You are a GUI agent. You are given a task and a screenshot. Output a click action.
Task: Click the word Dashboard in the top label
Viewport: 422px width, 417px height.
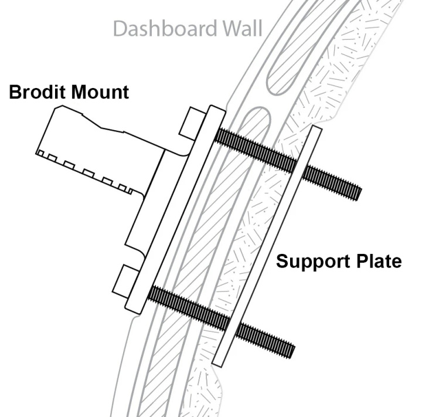pyautogui.click(x=162, y=28)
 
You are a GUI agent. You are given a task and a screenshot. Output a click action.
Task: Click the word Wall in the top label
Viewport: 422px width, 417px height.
pyautogui.click(x=240, y=28)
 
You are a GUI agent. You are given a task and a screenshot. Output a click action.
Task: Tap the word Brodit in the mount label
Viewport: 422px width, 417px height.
pyautogui.click(x=38, y=92)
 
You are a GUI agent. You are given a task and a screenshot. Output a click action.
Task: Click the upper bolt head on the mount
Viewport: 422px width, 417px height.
pyautogui.click(x=190, y=121)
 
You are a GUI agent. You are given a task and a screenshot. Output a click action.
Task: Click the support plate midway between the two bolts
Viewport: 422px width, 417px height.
pyautogui.click(x=267, y=246)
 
